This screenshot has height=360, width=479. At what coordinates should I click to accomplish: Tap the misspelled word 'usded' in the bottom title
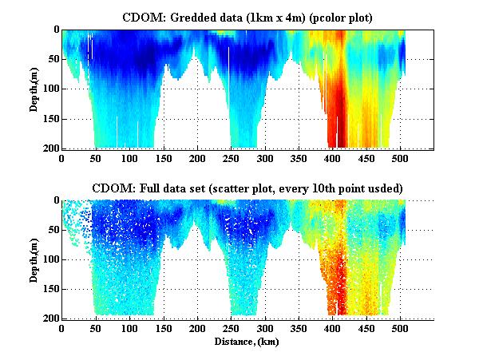pos(386,188)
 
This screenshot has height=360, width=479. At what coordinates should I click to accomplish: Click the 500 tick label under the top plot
pos(401,158)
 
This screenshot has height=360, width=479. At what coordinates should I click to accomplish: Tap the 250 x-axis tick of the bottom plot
pos(232,329)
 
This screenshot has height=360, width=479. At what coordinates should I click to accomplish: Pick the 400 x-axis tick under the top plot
pos(333,158)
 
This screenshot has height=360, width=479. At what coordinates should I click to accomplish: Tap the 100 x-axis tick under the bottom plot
pos(129,329)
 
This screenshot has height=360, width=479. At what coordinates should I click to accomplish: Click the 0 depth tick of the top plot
pos(55,30)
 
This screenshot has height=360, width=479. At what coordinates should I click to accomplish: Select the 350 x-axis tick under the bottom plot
pos(299,329)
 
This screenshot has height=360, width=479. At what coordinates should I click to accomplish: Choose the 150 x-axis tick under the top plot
pos(164,158)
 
